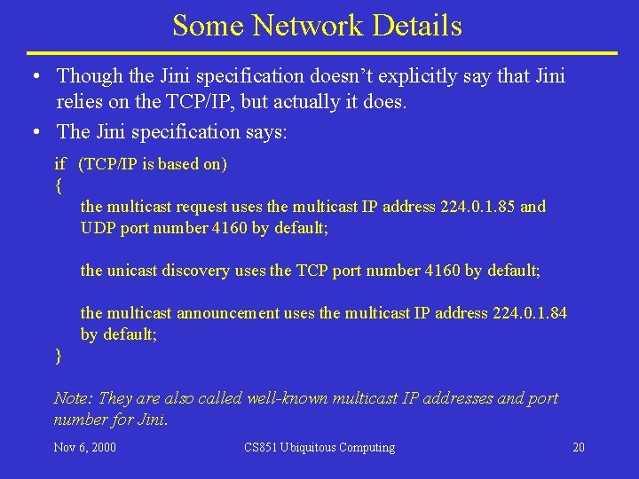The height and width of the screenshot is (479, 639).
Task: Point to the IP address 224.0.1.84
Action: [x=529, y=313]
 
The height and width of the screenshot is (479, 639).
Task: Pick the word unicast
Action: [x=137, y=271]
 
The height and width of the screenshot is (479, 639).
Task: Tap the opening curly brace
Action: [x=58, y=185]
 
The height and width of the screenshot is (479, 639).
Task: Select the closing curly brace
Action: [x=58, y=356]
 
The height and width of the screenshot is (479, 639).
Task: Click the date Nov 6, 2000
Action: [x=84, y=447]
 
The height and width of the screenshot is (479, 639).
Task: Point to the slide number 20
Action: [x=579, y=447]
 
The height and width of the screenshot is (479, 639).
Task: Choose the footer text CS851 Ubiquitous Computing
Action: [x=319, y=447]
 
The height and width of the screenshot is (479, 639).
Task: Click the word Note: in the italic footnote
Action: [x=74, y=398]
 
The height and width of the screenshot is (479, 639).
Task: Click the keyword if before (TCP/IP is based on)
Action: [x=59, y=164]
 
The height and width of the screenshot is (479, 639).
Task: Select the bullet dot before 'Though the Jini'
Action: [x=33, y=77]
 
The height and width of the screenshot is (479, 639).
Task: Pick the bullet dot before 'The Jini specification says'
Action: [x=33, y=132]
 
